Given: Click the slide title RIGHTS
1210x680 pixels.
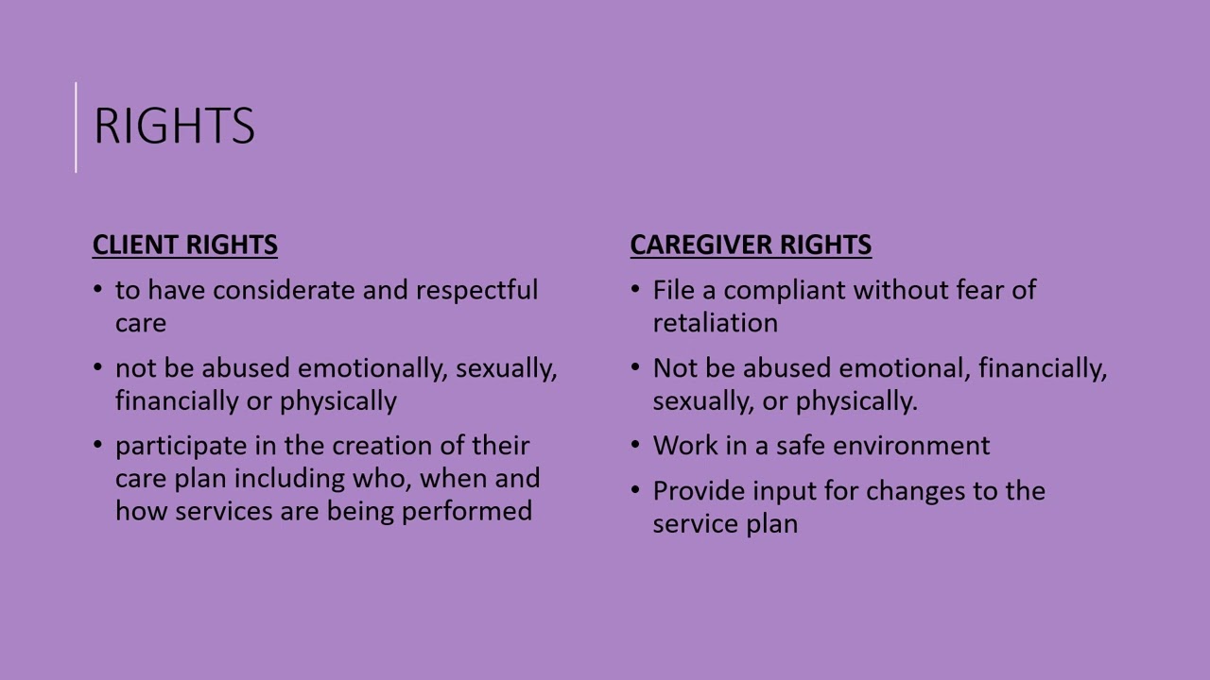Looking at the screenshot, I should (x=174, y=126).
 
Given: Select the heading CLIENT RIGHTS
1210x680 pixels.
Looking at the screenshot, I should (x=184, y=245).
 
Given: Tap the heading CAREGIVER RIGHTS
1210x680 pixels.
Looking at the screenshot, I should (x=751, y=245).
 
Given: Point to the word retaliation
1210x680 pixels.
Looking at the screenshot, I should (x=715, y=323).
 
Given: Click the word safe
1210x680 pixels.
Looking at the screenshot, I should (x=800, y=445).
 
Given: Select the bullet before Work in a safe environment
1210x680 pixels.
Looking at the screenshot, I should (x=635, y=444).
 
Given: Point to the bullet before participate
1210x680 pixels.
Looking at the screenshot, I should (x=98, y=444).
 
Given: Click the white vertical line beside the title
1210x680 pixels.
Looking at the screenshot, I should (x=77, y=127).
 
